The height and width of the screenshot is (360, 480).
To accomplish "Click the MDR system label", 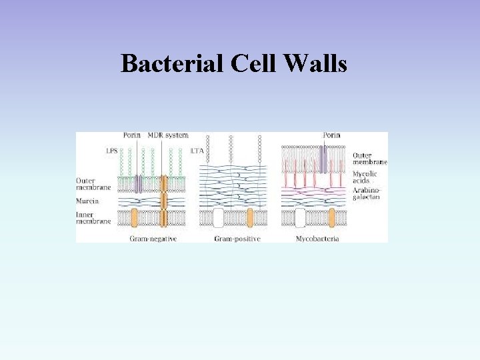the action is coord(167,136).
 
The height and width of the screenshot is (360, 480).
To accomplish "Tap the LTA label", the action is coord(197,151).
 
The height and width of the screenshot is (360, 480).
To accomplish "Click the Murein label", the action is coord(87,201).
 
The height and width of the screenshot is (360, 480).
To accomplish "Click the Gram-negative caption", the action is coord(153,238).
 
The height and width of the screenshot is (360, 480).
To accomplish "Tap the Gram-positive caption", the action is coord(237,238).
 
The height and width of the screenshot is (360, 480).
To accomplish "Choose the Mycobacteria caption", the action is coord(317,238).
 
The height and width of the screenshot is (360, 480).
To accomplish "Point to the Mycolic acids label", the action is coord(365,177).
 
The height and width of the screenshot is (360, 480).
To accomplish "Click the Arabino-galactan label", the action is coord(368,194).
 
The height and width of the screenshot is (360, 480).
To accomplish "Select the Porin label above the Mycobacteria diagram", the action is coord(331,136).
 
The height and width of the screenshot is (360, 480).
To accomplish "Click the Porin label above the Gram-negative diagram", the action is coord(131,136).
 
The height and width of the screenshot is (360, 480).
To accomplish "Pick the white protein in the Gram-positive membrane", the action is coord(218,217).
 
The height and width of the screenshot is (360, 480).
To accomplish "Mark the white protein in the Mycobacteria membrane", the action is coord(300,217).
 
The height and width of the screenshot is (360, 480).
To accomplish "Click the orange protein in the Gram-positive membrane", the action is coord(250,217).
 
